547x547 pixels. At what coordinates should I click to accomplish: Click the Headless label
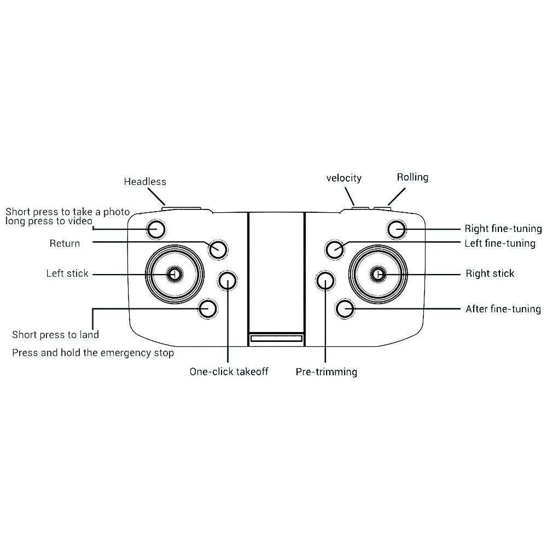[145, 182]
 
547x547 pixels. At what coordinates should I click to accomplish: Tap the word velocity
[344, 178]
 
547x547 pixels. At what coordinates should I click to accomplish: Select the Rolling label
[412, 177]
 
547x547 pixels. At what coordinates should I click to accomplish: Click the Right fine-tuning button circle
[395, 229]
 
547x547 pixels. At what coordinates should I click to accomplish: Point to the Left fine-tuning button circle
[334, 250]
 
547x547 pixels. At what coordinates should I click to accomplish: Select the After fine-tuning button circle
[346, 309]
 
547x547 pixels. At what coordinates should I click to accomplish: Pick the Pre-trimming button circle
[325, 281]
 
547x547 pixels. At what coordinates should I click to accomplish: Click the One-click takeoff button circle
[227, 281]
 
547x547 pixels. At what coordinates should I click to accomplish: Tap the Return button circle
[217, 249]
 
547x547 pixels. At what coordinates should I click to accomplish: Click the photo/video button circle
[156, 229]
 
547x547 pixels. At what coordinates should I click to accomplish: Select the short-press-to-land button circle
[207, 308]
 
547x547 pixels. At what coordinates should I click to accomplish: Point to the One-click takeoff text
[229, 372]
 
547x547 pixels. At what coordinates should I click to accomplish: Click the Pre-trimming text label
[327, 372]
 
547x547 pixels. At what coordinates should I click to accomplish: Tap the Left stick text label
[67, 273]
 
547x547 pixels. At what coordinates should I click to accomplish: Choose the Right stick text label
[490, 273]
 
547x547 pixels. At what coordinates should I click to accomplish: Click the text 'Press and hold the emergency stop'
[93, 353]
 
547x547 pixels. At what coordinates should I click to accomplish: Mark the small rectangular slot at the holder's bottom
[276, 339]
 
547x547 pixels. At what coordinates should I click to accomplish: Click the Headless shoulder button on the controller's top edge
[182, 207]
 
